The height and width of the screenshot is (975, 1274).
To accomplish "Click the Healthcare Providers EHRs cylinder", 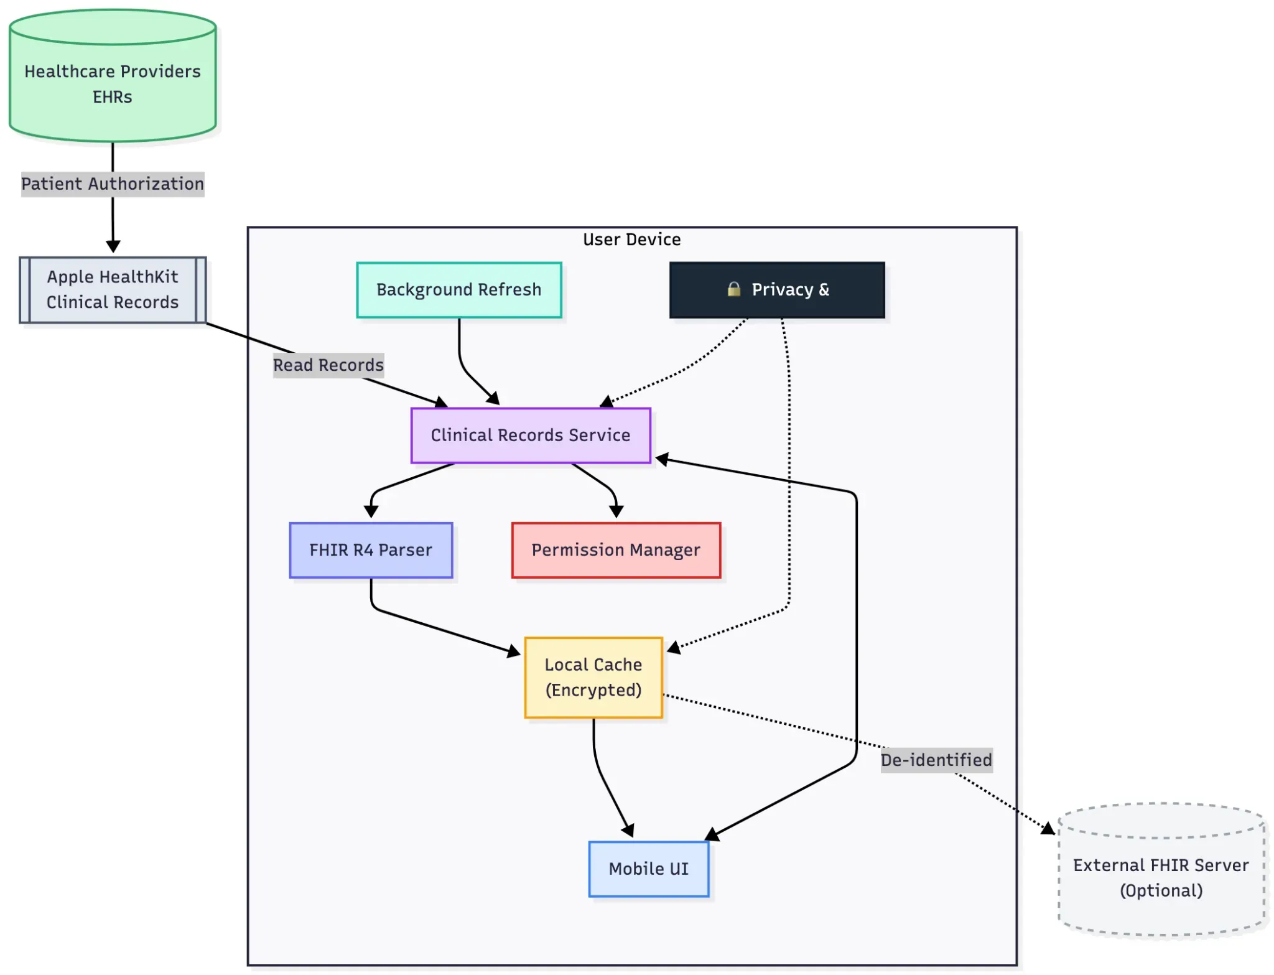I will [x=112, y=84].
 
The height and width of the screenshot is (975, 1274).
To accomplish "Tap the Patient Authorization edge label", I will [x=112, y=184].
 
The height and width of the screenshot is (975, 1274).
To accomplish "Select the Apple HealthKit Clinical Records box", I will [x=112, y=289].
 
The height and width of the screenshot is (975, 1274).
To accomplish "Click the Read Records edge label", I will [x=328, y=365].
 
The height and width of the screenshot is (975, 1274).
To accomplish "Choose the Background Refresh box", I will [x=458, y=290].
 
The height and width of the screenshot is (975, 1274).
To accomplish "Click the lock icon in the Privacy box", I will [x=733, y=289].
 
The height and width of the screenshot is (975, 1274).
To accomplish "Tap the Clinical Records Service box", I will [x=530, y=435].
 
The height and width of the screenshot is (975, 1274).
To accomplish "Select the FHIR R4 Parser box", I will [x=371, y=550].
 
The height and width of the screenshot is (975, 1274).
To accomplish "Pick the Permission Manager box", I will [x=616, y=550].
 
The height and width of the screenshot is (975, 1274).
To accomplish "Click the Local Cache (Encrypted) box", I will [x=593, y=677].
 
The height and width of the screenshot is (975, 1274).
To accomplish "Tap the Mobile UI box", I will [x=648, y=869].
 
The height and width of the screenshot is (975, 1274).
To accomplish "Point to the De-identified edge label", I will [x=936, y=760].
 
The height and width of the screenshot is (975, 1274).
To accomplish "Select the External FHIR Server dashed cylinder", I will [x=1161, y=877].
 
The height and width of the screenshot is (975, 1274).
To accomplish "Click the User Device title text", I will [x=631, y=240].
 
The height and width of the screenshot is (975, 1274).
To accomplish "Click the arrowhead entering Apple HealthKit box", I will [x=113, y=247].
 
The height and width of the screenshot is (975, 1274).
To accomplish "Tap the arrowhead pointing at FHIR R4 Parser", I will [x=371, y=512].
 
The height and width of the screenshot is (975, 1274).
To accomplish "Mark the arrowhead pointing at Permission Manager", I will [x=616, y=512].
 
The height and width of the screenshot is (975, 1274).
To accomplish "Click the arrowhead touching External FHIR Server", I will [x=1048, y=829].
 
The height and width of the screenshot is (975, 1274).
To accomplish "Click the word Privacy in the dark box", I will [x=782, y=290].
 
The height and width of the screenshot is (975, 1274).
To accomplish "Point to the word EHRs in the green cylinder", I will [x=112, y=97].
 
